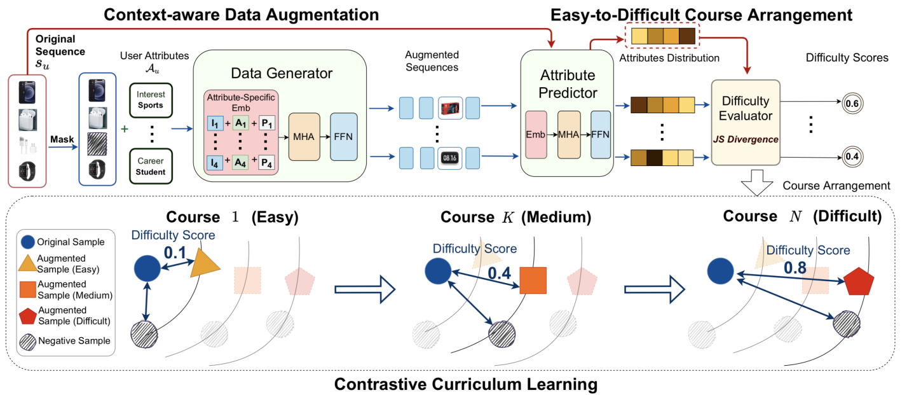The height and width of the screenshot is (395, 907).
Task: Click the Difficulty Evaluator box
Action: tap(746, 121)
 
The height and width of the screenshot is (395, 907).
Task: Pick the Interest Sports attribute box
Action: tap(150, 100)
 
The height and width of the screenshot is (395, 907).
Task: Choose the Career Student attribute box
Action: tap(150, 167)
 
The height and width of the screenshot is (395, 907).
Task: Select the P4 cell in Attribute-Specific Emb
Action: tap(267, 163)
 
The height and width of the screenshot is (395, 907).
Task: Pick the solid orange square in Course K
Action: tap(533, 281)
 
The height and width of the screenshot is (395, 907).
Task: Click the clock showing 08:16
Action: tap(451, 156)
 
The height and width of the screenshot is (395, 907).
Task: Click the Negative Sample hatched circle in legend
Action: tap(27, 340)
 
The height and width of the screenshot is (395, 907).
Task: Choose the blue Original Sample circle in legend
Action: tap(27, 242)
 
